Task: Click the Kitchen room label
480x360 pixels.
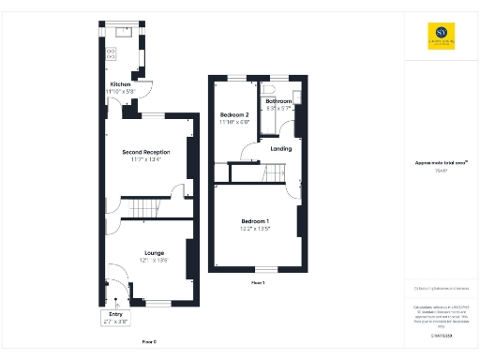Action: [120, 84]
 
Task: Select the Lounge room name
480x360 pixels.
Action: [154, 251]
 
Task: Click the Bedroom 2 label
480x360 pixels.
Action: [234, 113]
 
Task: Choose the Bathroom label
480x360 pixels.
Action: [278, 101]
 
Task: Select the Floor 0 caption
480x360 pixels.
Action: [149, 342]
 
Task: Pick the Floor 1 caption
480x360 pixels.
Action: [258, 282]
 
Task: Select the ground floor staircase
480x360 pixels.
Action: [143, 208]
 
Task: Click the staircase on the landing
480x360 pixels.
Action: [274, 173]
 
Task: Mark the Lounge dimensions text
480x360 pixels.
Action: [154, 260]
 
